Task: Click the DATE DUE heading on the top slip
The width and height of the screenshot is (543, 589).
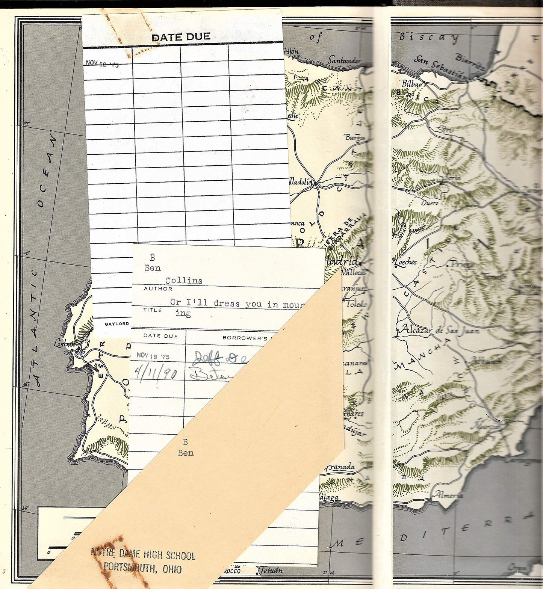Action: point(181,37)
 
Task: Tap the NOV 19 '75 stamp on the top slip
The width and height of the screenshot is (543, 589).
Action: point(102,63)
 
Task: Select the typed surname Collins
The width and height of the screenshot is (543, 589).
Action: point(184,281)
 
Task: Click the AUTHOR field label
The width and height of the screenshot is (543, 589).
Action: point(158,289)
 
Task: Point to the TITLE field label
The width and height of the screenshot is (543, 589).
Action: point(152,310)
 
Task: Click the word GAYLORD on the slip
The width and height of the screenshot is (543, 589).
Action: point(116,324)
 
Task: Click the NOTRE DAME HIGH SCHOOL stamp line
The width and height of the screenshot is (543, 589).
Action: point(143,554)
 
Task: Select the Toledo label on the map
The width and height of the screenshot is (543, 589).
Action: point(355,304)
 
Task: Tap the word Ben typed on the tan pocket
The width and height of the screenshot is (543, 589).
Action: point(186,453)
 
